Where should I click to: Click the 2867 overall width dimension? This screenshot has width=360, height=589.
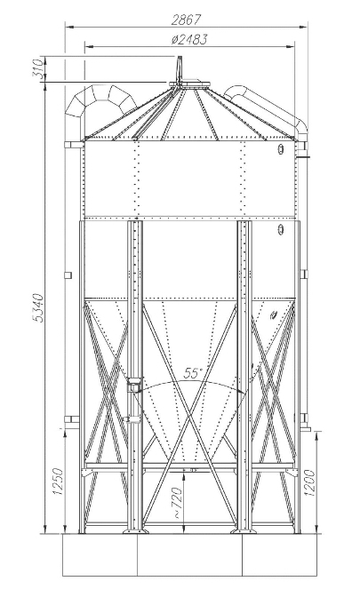click(x=187, y=20)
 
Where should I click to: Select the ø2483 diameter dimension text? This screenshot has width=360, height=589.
click(x=188, y=40)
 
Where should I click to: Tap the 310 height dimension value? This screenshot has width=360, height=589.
click(x=38, y=69)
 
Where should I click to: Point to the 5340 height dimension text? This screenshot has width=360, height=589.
click(x=39, y=308)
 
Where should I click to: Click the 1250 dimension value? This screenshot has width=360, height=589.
click(x=57, y=482)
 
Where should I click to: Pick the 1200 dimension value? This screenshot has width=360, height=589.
click(x=309, y=482)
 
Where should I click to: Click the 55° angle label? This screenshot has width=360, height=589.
click(x=193, y=373)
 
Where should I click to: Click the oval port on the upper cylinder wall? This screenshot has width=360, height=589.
click(x=280, y=149)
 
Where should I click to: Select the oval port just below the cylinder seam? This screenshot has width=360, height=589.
click(x=280, y=228)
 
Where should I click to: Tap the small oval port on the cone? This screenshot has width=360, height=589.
click(x=274, y=314)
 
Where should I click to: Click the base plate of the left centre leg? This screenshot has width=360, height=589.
click(x=135, y=530)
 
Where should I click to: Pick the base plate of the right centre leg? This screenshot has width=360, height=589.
click(x=244, y=530)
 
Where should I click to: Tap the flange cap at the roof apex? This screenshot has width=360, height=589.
click(x=189, y=83)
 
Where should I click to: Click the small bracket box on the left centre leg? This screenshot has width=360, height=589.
click(x=134, y=385)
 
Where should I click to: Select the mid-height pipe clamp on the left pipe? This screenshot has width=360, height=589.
click(x=68, y=275)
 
